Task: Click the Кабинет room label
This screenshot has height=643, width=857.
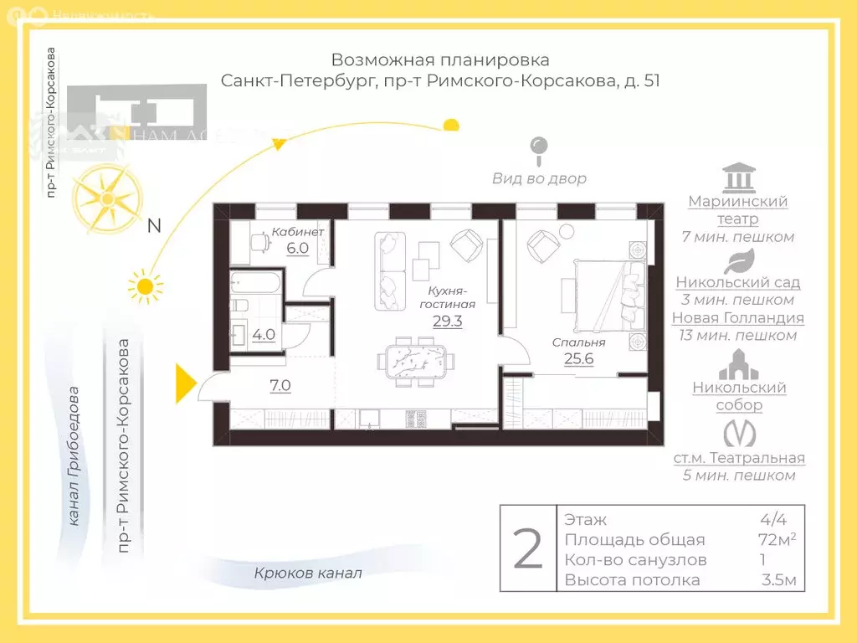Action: click(x=298, y=231)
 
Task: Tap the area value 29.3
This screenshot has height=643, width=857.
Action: click(x=447, y=320)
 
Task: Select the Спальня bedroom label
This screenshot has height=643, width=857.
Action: click(x=578, y=342)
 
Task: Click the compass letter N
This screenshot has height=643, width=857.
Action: click(x=154, y=225)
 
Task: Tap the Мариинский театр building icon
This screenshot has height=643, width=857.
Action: click(x=737, y=177)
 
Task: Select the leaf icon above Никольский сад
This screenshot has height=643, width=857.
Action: click(x=738, y=261)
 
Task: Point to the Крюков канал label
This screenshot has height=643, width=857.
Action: click(x=309, y=574)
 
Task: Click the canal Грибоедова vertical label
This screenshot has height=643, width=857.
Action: click(x=74, y=456)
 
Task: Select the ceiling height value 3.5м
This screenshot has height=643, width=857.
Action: click(x=778, y=580)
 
